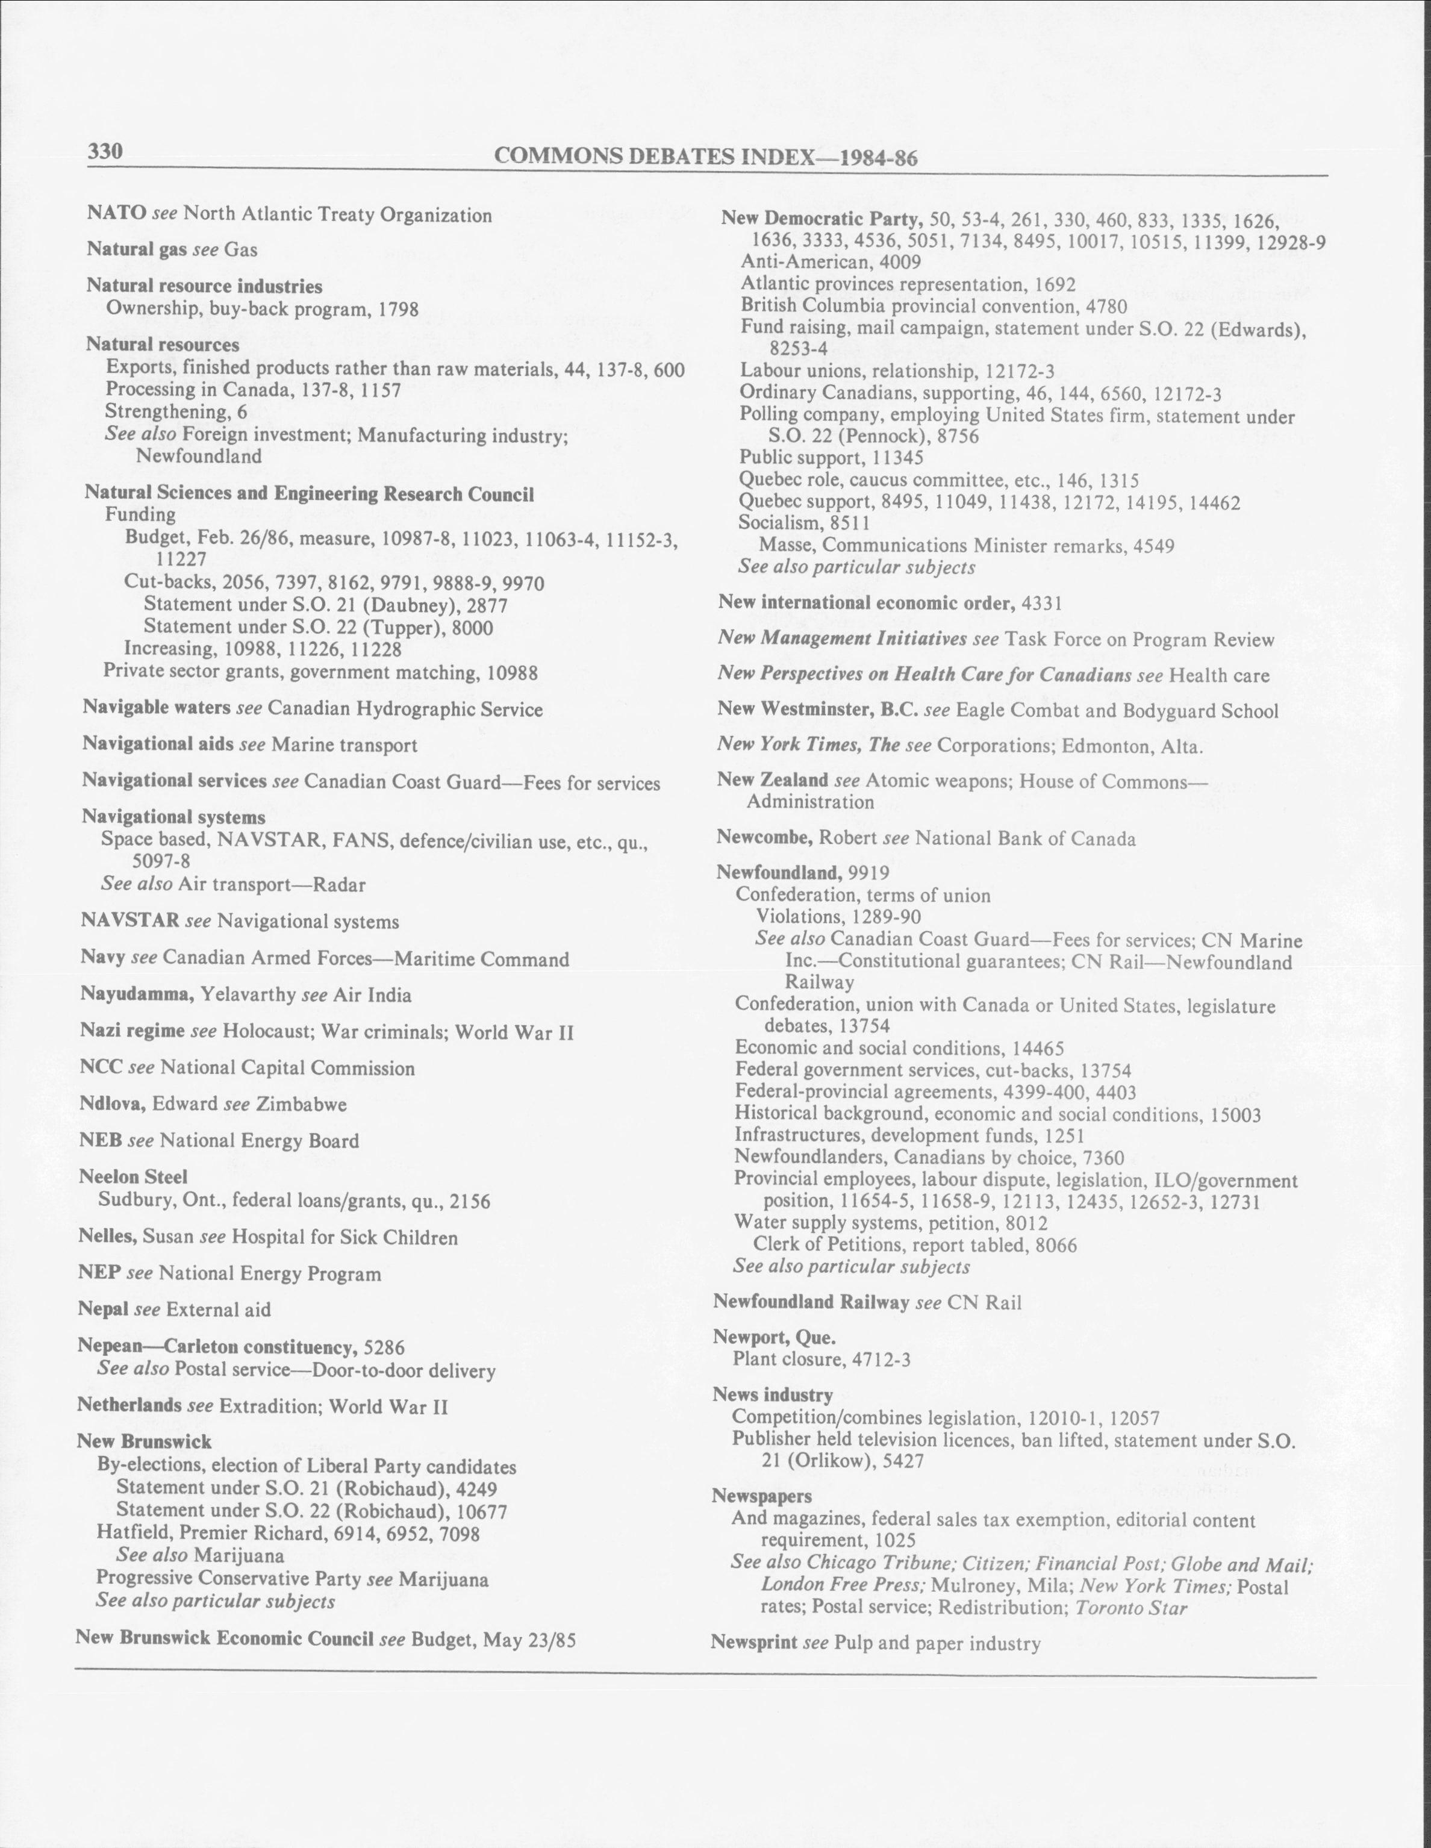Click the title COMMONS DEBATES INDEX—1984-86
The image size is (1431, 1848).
[x=706, y=157]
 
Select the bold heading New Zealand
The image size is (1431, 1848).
[x=772, y=780]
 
